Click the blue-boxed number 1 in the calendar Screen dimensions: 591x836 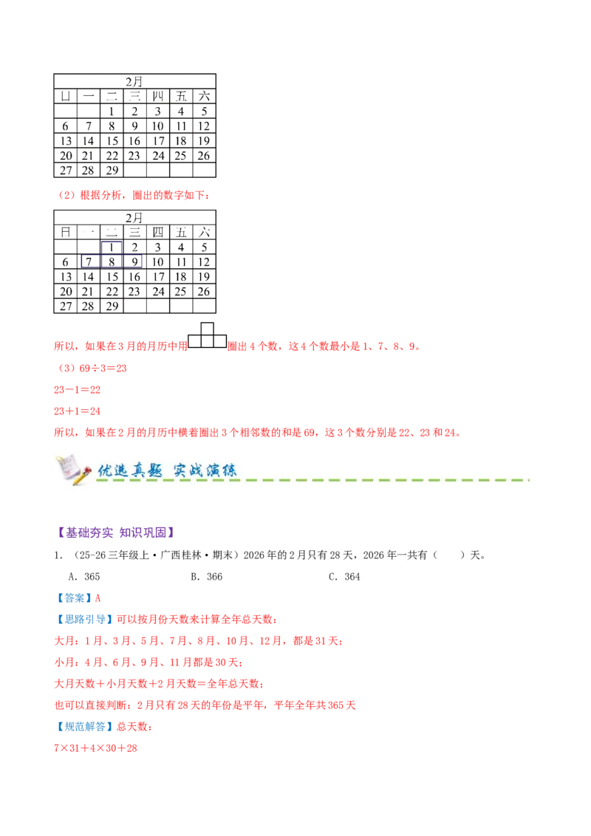[112, 247]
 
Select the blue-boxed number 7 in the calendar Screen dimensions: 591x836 [89, 261]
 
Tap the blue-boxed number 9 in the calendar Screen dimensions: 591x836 [134, 261]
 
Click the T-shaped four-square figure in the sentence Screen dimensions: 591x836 [208, 335]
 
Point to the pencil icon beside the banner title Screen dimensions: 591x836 [74, 469]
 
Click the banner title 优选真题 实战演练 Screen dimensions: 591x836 [167, 470]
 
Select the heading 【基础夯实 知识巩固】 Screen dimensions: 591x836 [116, 532]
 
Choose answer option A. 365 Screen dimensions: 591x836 [84, 576]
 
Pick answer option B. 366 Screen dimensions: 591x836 [206, 576]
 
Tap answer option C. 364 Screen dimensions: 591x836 [344, 576]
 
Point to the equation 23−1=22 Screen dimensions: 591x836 [78, 390]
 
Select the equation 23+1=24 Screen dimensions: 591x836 [78, 411]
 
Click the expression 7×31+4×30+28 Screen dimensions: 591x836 [95, 748]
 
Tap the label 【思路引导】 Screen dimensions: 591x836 [85, 620]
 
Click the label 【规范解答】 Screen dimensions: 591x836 [85, 727]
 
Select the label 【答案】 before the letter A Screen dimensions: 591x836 [74, 598]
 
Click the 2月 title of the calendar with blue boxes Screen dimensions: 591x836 [134, 218]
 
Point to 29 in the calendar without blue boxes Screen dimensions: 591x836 [112, 171]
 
